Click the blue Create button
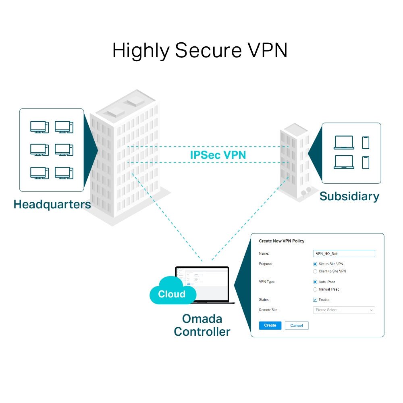coord(270,325)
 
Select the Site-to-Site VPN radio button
coord(315,264)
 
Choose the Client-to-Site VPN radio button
coord(315,271)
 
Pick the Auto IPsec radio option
coord(315,282)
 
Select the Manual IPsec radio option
coord(315,289)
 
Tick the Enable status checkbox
coord(315,300)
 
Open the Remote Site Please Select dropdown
coord(344,310)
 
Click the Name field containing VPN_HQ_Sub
coord(344,253)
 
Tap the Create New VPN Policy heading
coord(281,241)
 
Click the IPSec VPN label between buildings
coord(218,155)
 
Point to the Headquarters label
coord(52,204)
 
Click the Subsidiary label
coord(349,196)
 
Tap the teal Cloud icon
coord(171,291)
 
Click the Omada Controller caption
coord(202,325)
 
